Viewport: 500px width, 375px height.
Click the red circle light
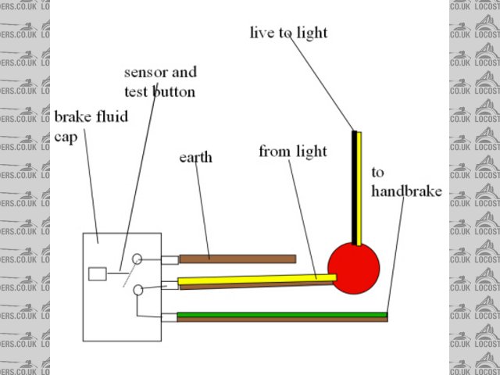(353, 268)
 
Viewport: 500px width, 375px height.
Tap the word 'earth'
(195, 159)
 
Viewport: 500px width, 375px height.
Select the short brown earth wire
(237, 259)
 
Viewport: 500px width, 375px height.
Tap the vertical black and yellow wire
(357, 187)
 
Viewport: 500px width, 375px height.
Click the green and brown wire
(282, 316)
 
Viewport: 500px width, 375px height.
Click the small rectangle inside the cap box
(98, 273)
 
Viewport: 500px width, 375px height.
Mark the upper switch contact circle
(137, 259)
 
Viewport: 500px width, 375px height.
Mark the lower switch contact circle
(138, 290)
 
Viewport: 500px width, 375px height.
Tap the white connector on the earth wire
(170, 259)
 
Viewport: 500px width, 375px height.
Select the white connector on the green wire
(170, 317)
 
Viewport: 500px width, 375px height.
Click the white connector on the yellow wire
(170, 285)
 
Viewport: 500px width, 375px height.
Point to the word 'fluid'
(112, 118)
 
